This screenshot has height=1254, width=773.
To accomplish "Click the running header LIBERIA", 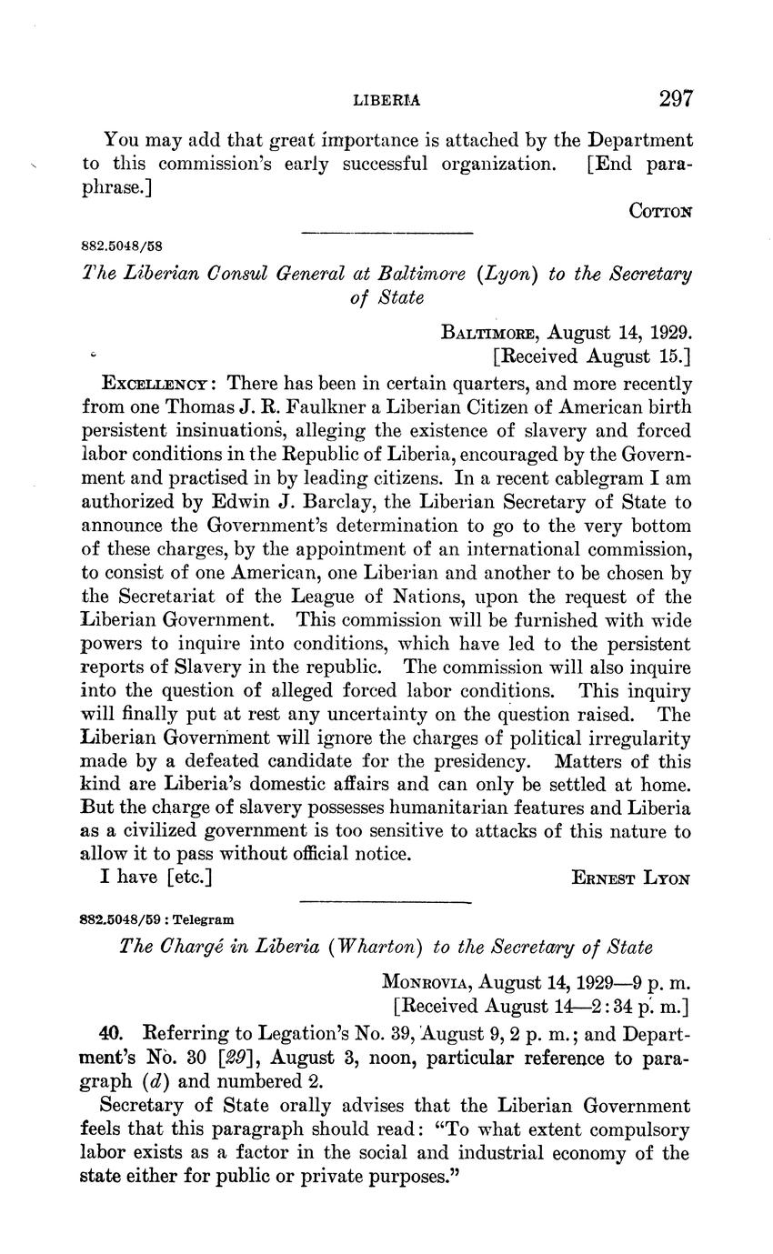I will [x=386, y=100].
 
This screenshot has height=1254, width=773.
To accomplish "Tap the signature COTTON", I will [x=661, y=210].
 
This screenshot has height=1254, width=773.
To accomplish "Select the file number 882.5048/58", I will [x=124, y=246].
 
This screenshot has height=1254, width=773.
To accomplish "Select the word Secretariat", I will [x=203, y=597].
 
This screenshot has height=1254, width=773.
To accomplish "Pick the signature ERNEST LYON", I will [x=632, y=878].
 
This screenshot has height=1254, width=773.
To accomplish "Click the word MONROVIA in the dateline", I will [x=426, y=983].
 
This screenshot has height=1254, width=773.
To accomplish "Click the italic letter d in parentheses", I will [x=171, y=1082].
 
